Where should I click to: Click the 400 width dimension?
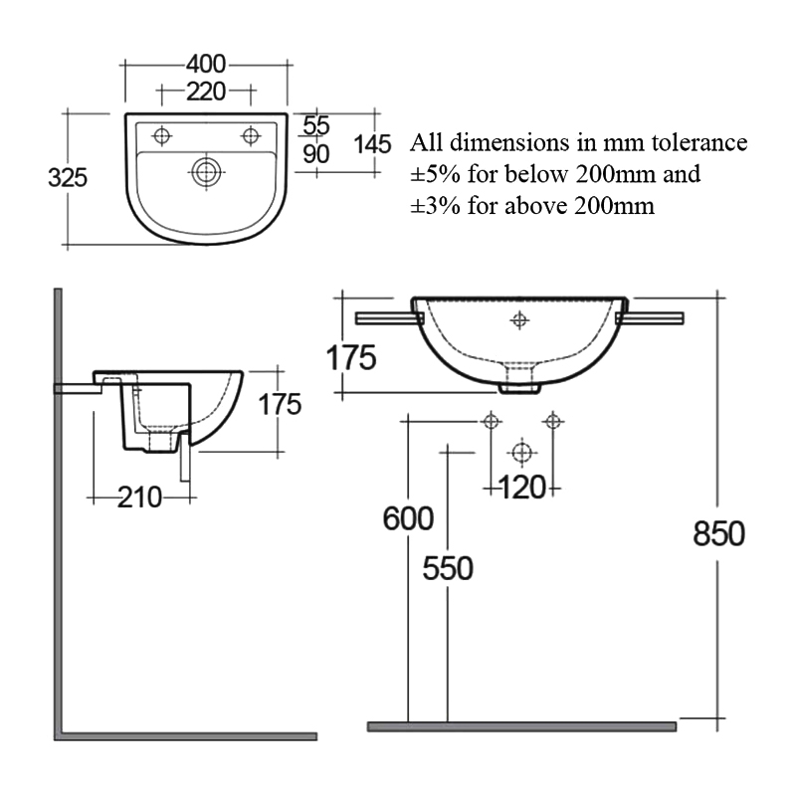click(x=206, y=65)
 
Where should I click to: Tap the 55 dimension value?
click(x=315, y=125)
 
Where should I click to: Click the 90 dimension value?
click(x=315, y=153)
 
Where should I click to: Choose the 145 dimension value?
click(x=372, y=143)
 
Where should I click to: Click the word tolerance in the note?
click(x=696, y=142)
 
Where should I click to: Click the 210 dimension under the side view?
click(x=139, y=497)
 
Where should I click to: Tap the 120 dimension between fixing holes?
click(x=522, y=487)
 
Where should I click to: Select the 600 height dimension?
click(x=408, y=518)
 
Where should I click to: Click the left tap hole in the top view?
click(x=160, y=133)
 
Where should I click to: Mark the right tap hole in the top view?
click(x=251, y=133)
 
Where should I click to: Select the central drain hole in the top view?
click(x=206, y=171)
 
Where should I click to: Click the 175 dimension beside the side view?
click(x=280, y=404)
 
